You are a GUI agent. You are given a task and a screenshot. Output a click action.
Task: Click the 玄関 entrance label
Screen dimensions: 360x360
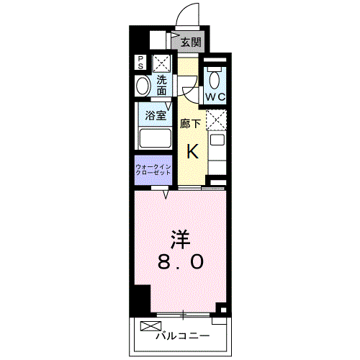pyautogui.click(x=191, y=42)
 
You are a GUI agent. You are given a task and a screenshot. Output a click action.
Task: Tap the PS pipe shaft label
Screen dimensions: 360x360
pyautogui.click(x=140, y=62)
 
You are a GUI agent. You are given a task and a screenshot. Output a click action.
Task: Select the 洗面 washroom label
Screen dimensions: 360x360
pyautogui.click(x=162, y=85)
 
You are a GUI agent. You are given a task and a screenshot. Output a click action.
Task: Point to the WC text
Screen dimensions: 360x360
pyautogui.click(x=215, y=97)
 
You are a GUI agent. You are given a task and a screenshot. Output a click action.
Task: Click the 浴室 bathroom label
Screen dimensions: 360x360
pyautogui.click(x=156, y=116)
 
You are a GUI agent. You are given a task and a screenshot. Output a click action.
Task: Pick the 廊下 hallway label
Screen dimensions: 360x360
pyautogui.click(x=190, y=124)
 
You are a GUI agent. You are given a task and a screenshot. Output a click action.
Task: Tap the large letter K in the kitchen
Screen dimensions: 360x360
pyautogui.click(x=193, y=151)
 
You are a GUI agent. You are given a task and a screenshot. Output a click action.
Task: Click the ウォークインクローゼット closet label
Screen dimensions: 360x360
pyautogui.click(x=153, y=170)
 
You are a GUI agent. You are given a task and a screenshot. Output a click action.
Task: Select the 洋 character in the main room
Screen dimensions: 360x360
pyautogui.click(x=181, y=240)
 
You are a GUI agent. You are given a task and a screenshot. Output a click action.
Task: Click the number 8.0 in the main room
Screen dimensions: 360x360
pyautogui.click(x=181, y=261)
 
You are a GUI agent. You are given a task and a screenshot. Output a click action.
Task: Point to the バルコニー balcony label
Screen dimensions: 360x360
pyautogui.click(x=183, y=336)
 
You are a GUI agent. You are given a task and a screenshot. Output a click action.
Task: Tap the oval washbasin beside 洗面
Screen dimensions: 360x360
pyautogui.click(x=143, y=86)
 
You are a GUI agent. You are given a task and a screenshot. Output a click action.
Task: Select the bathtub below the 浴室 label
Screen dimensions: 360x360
pyautogui.click(x=156, y=138)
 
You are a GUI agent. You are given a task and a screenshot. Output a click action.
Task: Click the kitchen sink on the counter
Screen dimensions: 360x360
pyautogui.click(x=217, y=139)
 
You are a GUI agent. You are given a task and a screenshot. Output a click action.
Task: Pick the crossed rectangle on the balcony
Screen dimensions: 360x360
pyautogui.click(x=150, y=326)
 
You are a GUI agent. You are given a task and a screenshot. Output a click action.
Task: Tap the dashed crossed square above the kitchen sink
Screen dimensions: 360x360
pyautogui.click(x=216, y=120)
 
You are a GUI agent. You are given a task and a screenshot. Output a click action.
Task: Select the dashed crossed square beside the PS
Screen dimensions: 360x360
pyautogui.click(x=161, y=63)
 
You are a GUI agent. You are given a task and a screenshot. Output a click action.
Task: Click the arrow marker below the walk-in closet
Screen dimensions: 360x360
pyautogui.click(x=166, y=194)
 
